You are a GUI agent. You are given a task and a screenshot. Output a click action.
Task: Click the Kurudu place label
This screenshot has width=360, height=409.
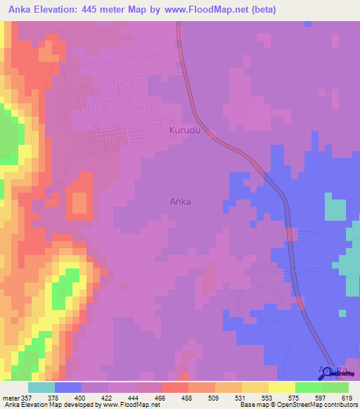pos(185,131)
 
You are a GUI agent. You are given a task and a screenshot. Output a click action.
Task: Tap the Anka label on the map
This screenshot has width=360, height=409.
pos(181,201)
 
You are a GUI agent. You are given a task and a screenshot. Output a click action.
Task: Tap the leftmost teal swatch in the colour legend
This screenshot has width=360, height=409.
pos(41,387)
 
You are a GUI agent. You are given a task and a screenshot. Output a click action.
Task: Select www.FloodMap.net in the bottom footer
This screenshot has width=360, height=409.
pos(133,405)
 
